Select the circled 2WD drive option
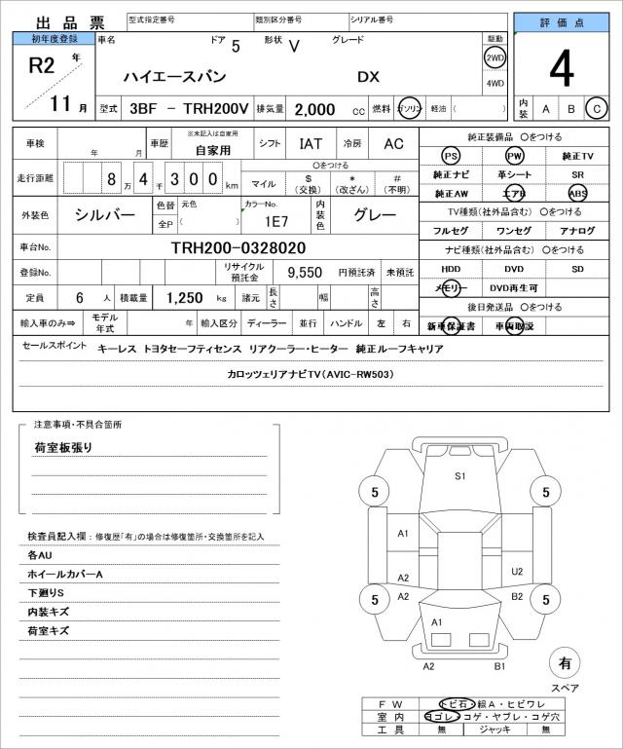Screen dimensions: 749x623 point(495,57)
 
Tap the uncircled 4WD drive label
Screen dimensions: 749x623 point(495,83)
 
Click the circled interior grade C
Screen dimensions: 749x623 point(597,108)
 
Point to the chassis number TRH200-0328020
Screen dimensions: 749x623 point(238,247)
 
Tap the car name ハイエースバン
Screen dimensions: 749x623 point(174,76)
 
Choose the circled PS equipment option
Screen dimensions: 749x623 point(450,156)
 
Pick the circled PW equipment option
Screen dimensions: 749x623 point(513,156)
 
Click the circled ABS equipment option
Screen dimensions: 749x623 point(578,193)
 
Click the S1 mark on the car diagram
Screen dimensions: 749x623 point(460,476)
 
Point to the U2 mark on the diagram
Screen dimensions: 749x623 point(517,572)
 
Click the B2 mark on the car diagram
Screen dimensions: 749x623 point(517,596)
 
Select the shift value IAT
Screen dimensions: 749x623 point(311,143)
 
